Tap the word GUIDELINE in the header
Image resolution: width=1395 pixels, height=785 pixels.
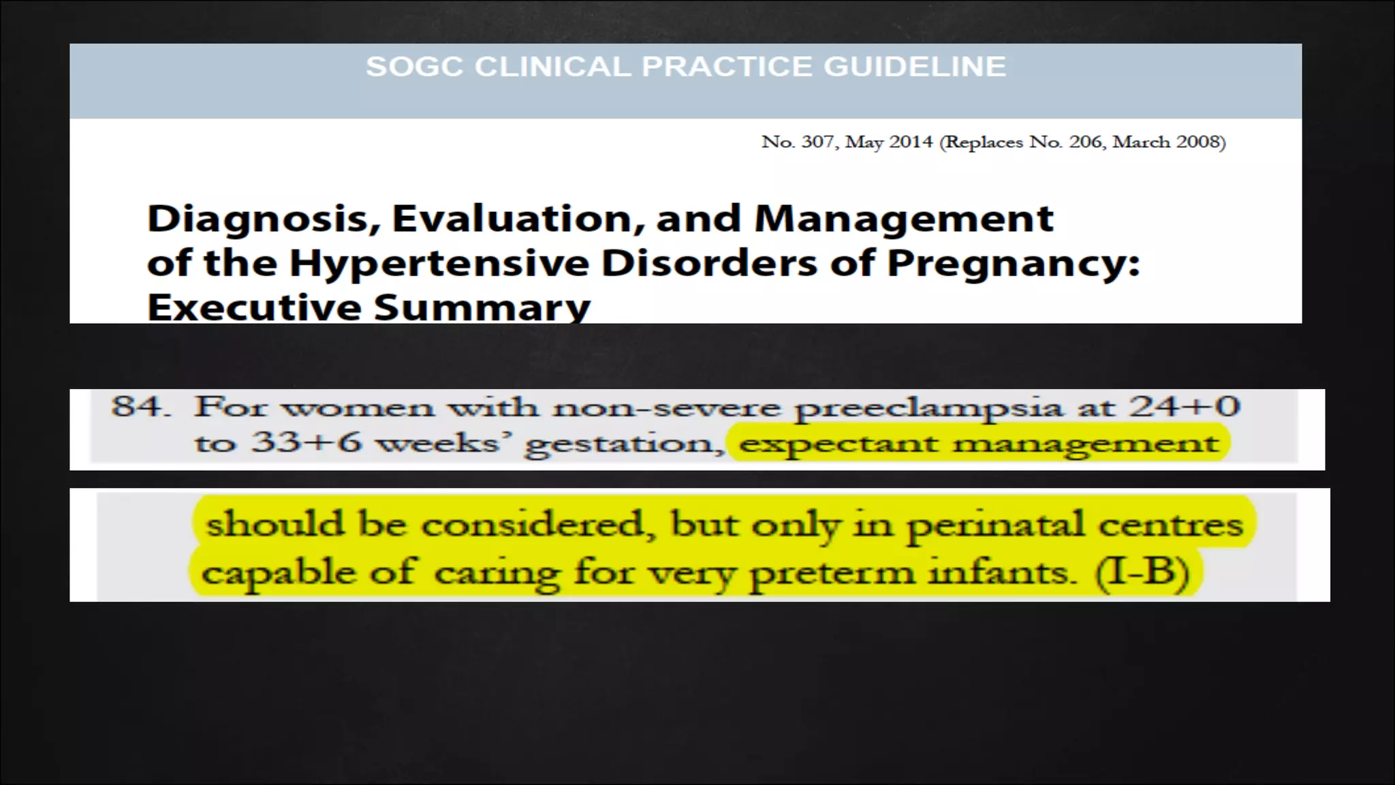point(914,67)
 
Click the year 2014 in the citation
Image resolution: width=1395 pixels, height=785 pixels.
point(911,142)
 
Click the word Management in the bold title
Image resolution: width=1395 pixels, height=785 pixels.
point(904,219)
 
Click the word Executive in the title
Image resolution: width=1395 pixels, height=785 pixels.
point(253,307)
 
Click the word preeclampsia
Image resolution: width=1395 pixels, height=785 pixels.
point(928,408)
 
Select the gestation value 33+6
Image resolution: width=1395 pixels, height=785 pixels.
point(306,443)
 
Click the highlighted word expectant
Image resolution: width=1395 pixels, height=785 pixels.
point(838,444)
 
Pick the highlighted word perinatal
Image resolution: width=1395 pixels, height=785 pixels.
point(995,525)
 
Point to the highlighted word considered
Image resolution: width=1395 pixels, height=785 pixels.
point(532,525)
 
